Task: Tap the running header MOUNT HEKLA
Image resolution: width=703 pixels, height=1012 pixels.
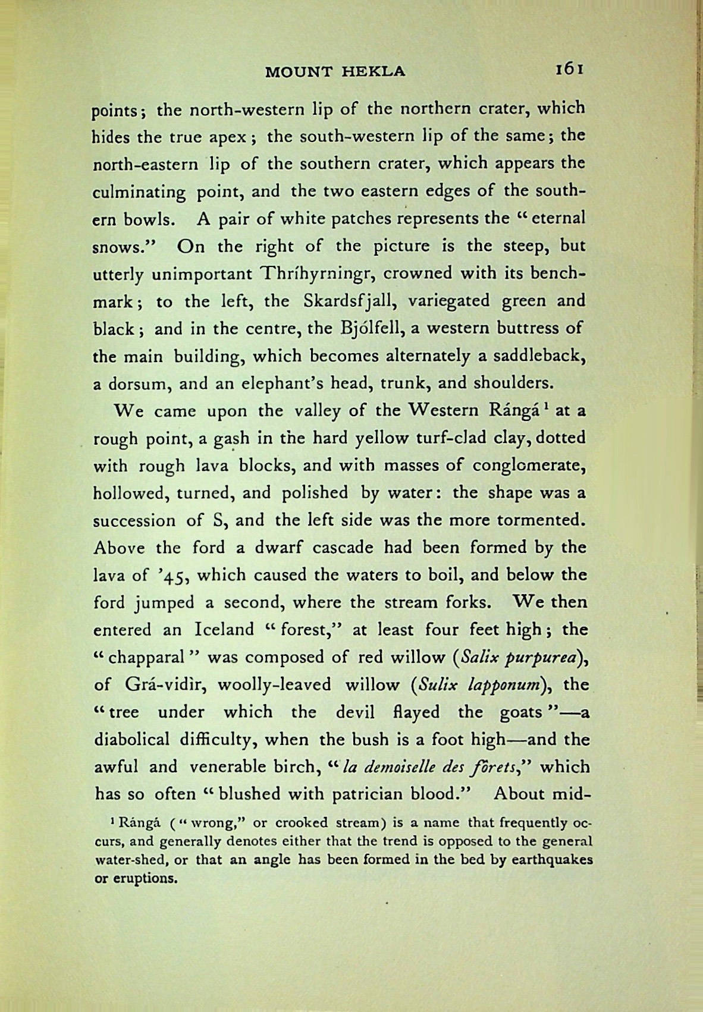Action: (x=335, y=72)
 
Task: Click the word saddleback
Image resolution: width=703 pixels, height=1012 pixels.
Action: (x=541, y=356)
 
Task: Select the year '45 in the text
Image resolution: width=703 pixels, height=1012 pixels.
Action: (x=172, y=576)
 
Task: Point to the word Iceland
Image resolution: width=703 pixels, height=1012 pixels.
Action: (x=224, y=630)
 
